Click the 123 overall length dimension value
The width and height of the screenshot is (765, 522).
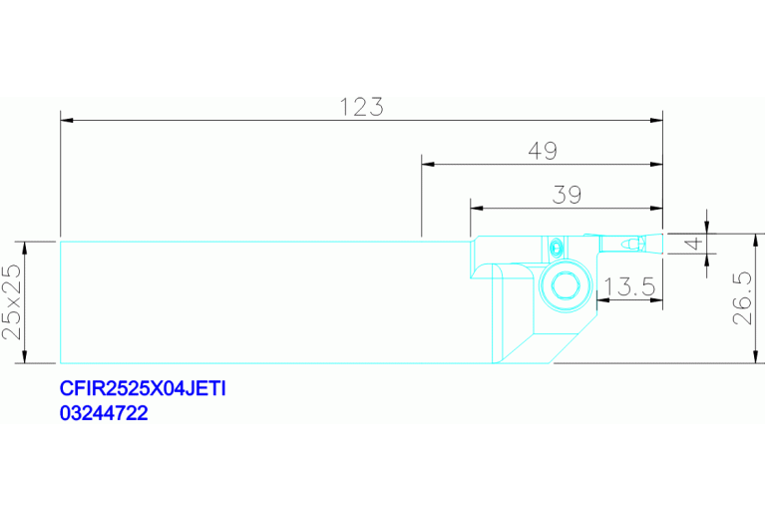[361, 107]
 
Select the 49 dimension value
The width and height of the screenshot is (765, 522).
[543, 151]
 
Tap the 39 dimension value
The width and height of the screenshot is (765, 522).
[567, 195]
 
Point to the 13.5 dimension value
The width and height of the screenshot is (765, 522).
[630, 286]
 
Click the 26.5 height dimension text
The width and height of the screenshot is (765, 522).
[742, 298]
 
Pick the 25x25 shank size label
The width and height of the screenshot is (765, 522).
[12, 302]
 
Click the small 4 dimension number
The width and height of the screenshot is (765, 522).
[694, 243]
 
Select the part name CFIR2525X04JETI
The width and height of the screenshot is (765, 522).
[143, 388]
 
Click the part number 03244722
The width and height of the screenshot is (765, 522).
[104, 413]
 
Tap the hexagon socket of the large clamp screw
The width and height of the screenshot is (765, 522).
[566, 285]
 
